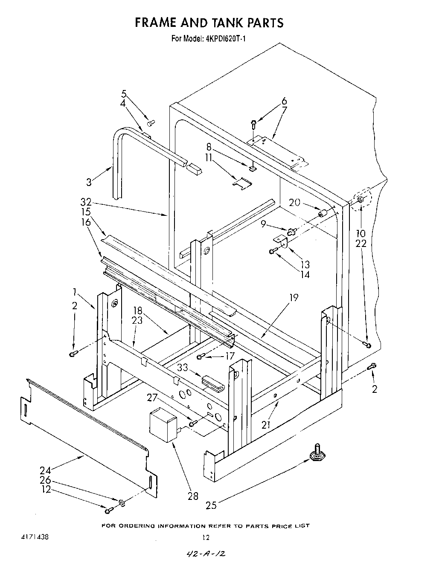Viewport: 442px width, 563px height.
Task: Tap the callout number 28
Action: point(193,496)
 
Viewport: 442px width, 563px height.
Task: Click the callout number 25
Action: point(211,506)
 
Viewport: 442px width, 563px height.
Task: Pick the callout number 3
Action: point(89,182)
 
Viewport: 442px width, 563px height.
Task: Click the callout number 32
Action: point(86,202)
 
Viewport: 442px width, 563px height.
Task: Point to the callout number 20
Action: point(294,203)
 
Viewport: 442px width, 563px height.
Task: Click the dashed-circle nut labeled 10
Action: point(360,199)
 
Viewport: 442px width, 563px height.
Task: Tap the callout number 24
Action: point(46,470)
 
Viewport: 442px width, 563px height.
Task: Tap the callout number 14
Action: point(305,275)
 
